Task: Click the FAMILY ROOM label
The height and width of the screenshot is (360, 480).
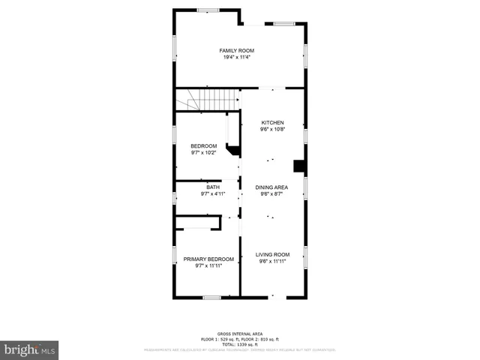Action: pos(236,50)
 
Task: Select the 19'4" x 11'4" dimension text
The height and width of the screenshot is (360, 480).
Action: pos(236,57)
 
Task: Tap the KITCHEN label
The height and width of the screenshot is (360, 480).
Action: pos(272,122)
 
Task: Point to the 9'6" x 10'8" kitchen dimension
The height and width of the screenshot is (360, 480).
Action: pos(272,129)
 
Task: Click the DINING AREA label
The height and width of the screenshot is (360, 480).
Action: pos(272,187)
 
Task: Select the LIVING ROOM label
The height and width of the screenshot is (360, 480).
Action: pos(272,254)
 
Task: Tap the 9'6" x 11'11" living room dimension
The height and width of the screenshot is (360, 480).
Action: pos(272,261)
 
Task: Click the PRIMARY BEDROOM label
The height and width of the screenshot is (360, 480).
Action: pos(203,259)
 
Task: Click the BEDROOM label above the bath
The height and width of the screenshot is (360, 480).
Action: pos(203,145)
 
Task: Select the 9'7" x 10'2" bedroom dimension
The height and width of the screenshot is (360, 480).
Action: pos(203,152)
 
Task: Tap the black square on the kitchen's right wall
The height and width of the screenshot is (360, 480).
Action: pos(298,166)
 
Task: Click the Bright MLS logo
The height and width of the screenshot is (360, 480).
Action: pos(30,349)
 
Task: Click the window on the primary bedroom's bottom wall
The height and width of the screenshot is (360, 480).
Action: pos(211,298)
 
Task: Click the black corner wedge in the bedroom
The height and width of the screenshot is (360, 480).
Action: pos(233,151)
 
